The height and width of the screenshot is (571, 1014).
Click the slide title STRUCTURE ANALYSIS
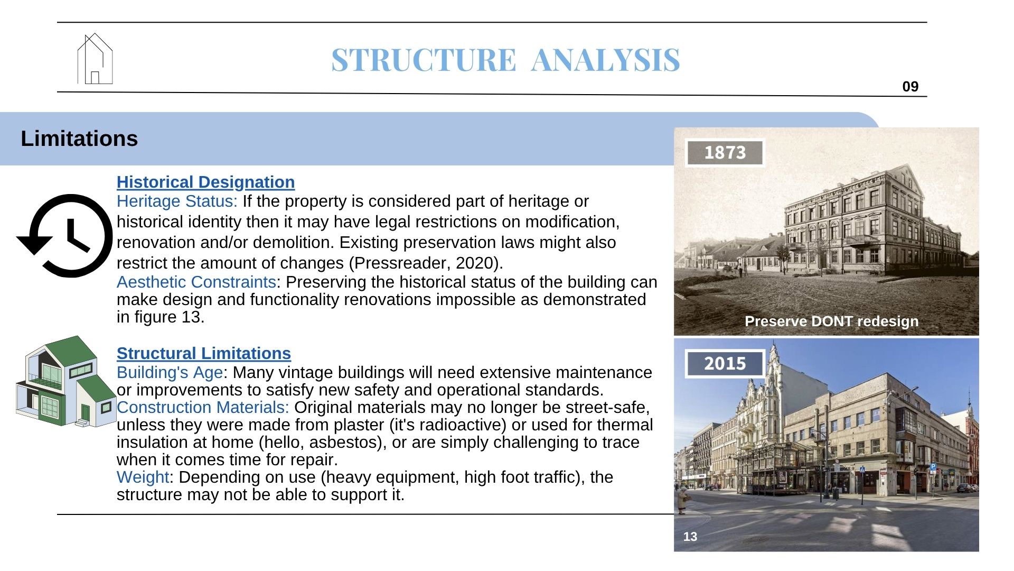(505, 60)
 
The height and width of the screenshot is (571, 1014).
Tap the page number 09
(910, 87)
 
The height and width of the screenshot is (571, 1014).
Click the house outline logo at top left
(95, 59)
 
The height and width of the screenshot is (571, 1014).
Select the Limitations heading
(79, 139)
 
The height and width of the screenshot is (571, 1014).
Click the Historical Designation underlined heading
(205, 182)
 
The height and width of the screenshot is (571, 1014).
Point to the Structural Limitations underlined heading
(203, 353)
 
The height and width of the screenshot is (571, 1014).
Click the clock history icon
(65, 236)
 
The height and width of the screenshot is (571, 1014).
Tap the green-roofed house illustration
(66, 381)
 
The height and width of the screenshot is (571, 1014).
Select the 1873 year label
(725, 153)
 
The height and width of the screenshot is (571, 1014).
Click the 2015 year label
(725, 364)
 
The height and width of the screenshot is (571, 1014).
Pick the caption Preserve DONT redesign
(831, 321)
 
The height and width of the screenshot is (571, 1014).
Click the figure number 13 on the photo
(690, 537)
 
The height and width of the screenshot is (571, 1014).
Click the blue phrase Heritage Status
(177, 201)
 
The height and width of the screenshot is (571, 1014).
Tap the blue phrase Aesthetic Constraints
(196, 282)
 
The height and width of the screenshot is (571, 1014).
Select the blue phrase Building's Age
(170, 372)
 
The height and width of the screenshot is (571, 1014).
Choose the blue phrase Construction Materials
(203, 407)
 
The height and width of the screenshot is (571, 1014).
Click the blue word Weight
(143, 477)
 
